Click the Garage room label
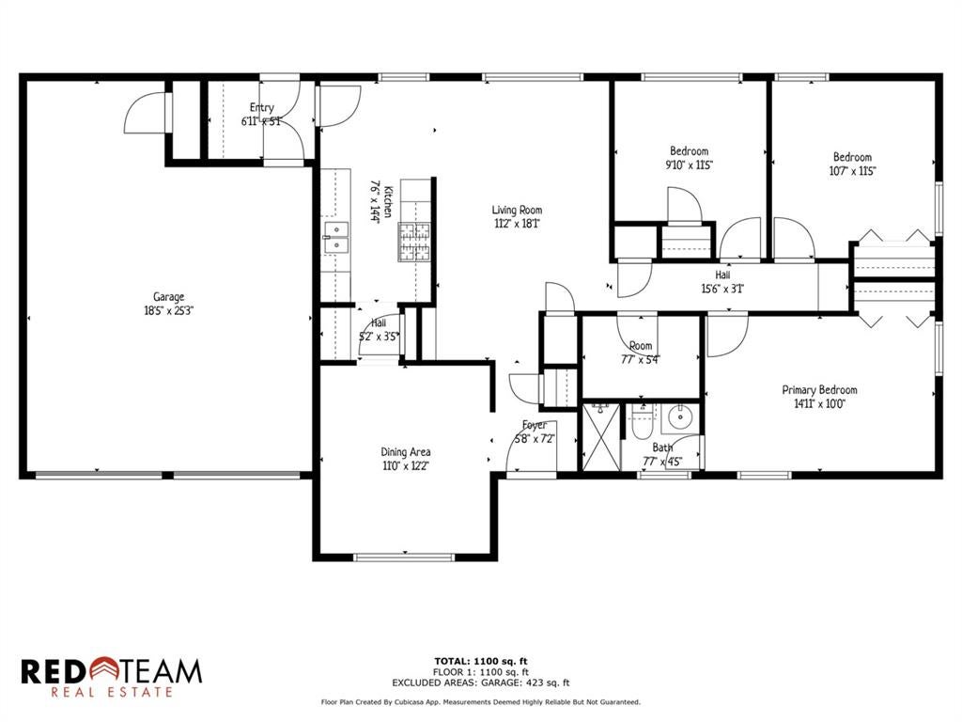coord(169,297)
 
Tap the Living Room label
coord(517,210)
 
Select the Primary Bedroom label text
coord(819,390)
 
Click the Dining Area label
coord(406,452)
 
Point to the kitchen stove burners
coord(415,242)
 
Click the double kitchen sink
coord(336,238)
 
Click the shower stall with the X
coord(600,437)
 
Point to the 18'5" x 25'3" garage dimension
coord(169,310)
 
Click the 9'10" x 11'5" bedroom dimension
coord(690,165)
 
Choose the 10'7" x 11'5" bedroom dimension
coord(852,171)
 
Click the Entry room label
coord(262,107)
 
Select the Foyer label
coord(535,425)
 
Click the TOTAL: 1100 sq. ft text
coord(481,661)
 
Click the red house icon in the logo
coord(105,669)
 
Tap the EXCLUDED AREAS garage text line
coord(481,683)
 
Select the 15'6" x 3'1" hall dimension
coord(722,289)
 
